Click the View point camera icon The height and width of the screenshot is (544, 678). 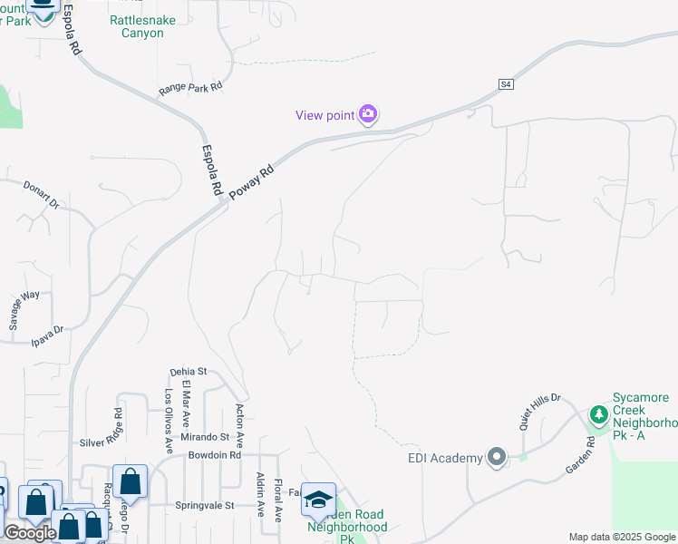click(368, 114)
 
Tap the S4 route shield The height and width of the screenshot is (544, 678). click(506, 84)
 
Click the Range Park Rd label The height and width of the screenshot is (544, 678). click(190, 88)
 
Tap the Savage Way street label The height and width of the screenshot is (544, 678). click(24, 308)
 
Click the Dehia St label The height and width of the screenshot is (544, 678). click(189, 372)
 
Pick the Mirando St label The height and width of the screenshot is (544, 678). click(204, 437)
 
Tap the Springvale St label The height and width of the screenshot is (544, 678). click(204, 505)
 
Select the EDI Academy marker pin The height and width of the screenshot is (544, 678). click(495, 457)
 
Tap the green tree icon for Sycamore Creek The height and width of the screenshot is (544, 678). click(598, 415)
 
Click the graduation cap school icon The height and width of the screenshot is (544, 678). click(318, 500)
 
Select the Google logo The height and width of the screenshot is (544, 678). click(30, 533)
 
